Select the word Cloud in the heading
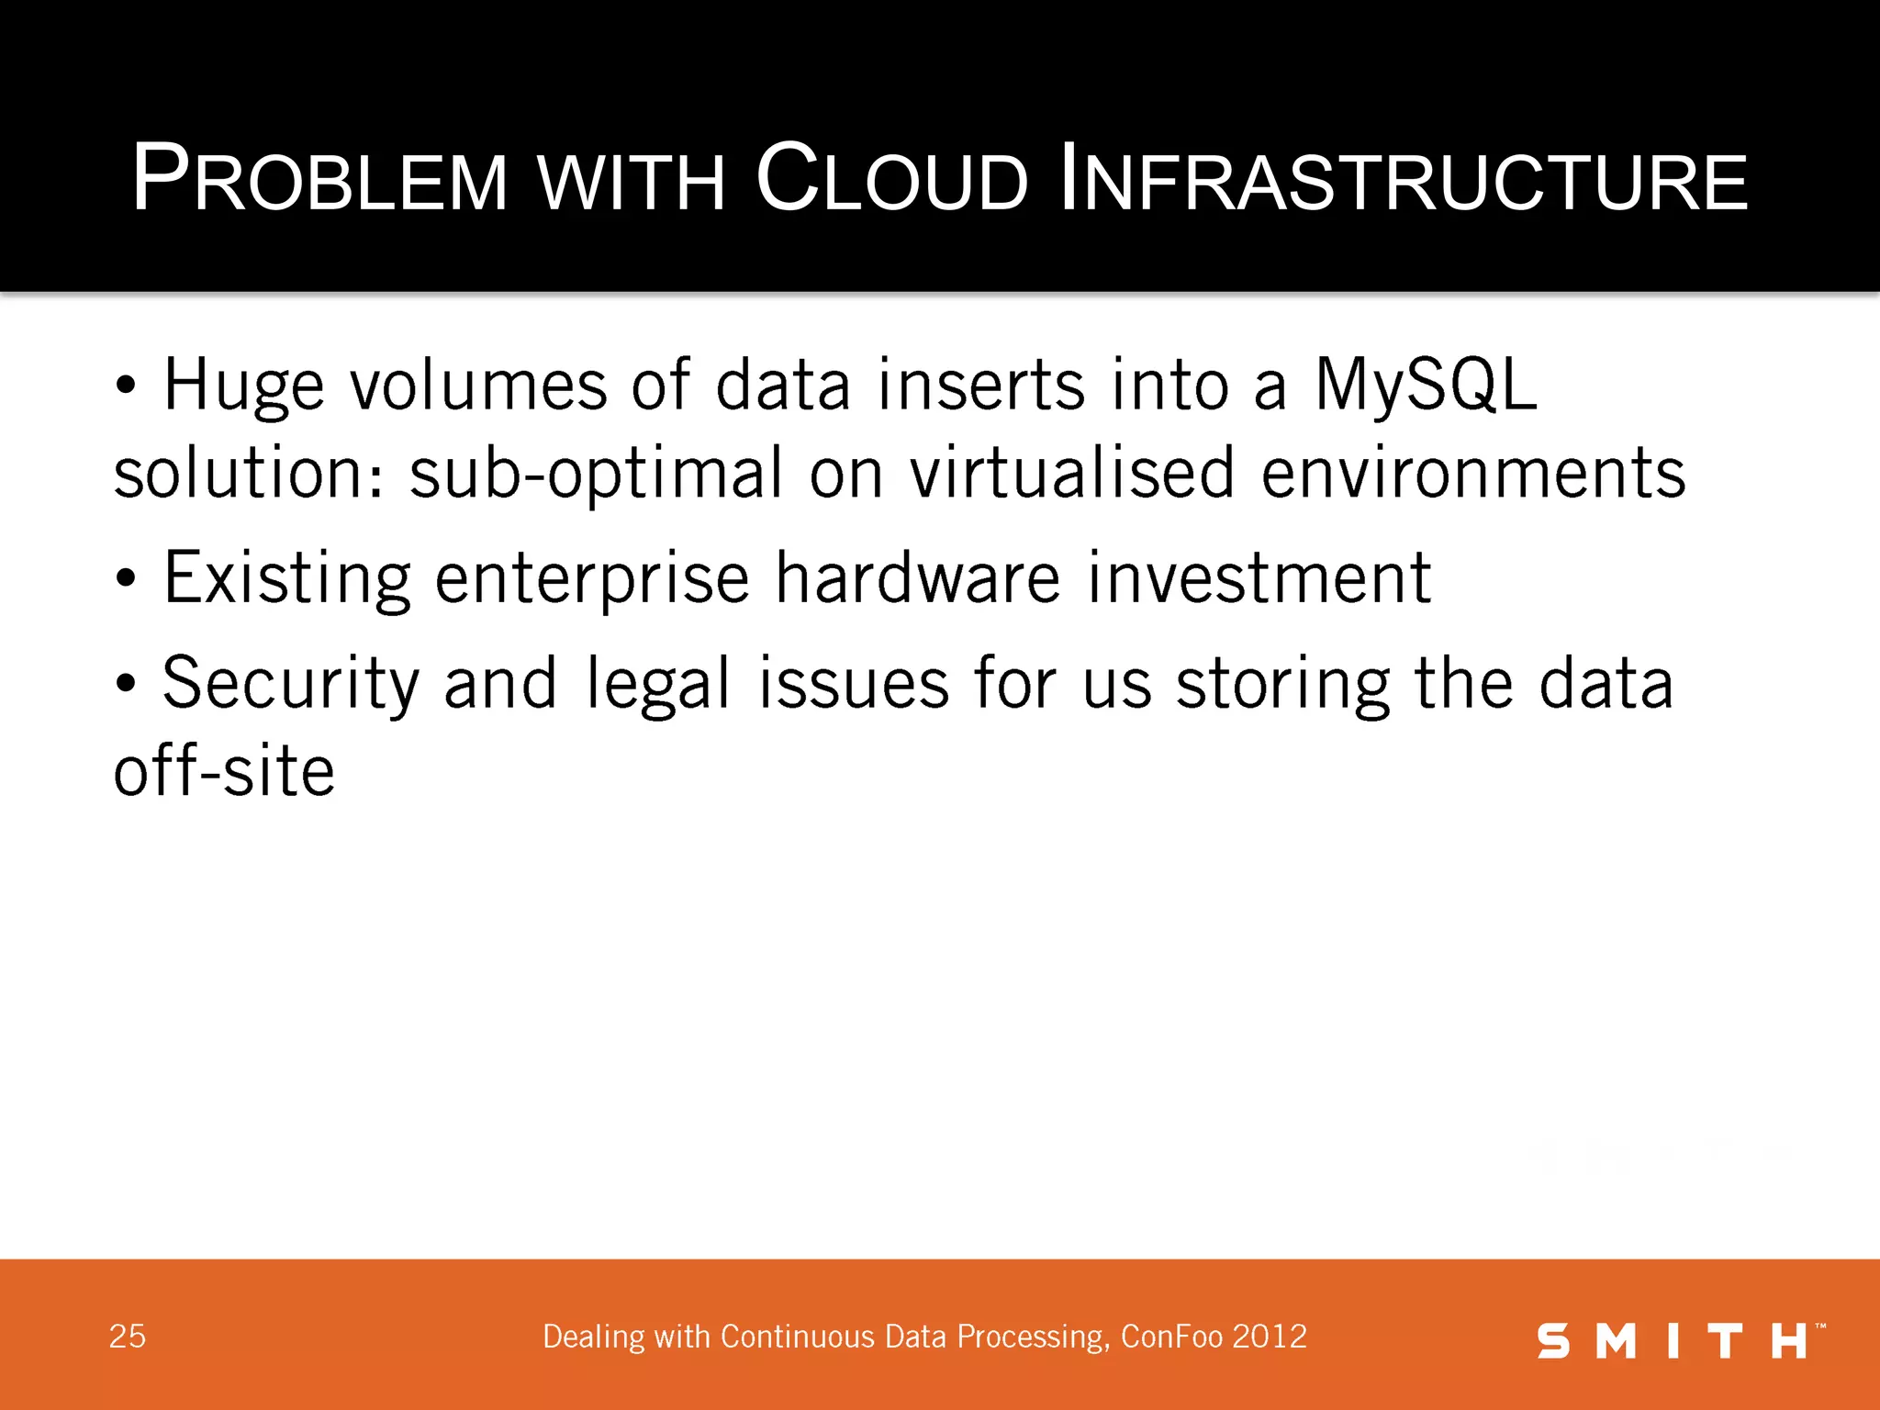coord(890,179)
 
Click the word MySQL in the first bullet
coord(1426,385)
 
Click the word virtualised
coord(1072,473)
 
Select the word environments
coord(1473,473)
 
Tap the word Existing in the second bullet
coord(287,579)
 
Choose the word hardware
coord(918,577)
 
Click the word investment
coord(1259,577)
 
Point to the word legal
coord(658,685)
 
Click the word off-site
coord(224,771)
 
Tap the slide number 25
coord(128,1337)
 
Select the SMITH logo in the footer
coord(1680,1340)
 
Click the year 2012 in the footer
coord(1270,1337)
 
